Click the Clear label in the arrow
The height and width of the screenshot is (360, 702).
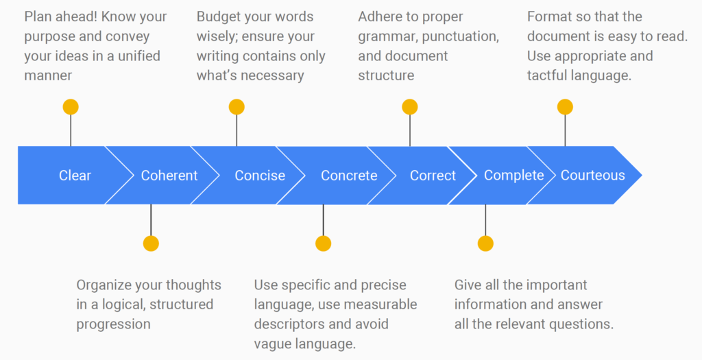click(75, 176)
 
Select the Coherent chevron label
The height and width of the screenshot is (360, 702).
click(169, 176)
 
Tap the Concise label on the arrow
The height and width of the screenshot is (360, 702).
click(260, 176)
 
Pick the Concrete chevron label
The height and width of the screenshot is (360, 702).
click(349, 176)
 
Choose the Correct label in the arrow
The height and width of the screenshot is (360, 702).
click(433, 176)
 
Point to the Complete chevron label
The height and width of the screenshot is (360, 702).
click(513, 176)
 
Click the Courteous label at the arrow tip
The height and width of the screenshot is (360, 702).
click(593, 176)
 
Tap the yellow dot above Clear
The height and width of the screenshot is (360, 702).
click(71, 107)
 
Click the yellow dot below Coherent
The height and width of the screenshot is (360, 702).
click(151, 243)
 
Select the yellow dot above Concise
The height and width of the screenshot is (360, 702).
click(237, 107)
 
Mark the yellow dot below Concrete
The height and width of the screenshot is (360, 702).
click(323, 243)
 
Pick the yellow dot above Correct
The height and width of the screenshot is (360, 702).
click(410, 107)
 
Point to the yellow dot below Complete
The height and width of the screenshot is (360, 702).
click(485, 243)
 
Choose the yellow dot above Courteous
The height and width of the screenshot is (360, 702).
click(565, 107)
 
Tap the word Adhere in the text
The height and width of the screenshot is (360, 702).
click(381, 16)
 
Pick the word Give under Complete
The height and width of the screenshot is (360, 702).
click(469, 285)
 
